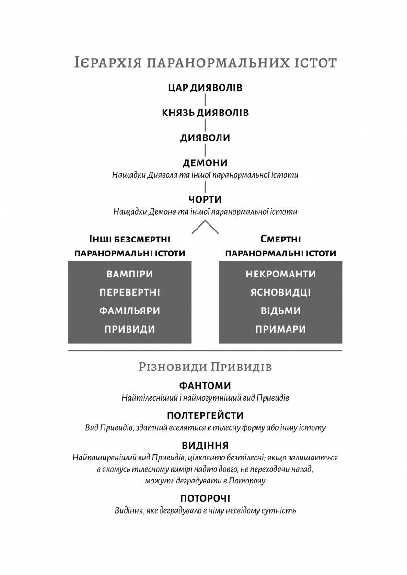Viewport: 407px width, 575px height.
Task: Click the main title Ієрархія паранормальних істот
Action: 205,63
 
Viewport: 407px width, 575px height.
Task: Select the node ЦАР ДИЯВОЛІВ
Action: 205,88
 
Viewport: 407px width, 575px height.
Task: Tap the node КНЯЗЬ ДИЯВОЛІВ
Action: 205,113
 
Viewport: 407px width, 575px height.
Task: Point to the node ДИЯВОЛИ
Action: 205,138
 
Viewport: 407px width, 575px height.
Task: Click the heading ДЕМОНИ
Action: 205,162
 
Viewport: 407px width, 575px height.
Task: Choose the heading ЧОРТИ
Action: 205,199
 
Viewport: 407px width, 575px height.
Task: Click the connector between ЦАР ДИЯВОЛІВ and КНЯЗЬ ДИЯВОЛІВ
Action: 205,100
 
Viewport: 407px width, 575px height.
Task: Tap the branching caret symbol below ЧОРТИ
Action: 205,227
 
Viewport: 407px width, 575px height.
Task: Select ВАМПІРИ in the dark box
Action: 129,275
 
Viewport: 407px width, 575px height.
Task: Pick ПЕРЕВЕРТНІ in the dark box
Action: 129,293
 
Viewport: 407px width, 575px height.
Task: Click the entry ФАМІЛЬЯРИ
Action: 129,311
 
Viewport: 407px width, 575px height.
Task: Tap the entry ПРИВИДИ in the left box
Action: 129,329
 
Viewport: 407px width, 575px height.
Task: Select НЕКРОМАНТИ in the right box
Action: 281,275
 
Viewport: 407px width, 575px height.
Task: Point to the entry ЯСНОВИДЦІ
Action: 281,293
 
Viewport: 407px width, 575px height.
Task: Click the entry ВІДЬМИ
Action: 281,311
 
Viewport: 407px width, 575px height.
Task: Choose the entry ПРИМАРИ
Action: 281,329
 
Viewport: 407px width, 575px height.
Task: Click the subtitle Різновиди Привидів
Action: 205,367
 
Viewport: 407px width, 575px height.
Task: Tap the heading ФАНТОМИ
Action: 205,386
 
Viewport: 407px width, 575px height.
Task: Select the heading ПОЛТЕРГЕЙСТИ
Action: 205,415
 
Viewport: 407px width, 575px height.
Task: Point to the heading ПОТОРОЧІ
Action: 205,498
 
